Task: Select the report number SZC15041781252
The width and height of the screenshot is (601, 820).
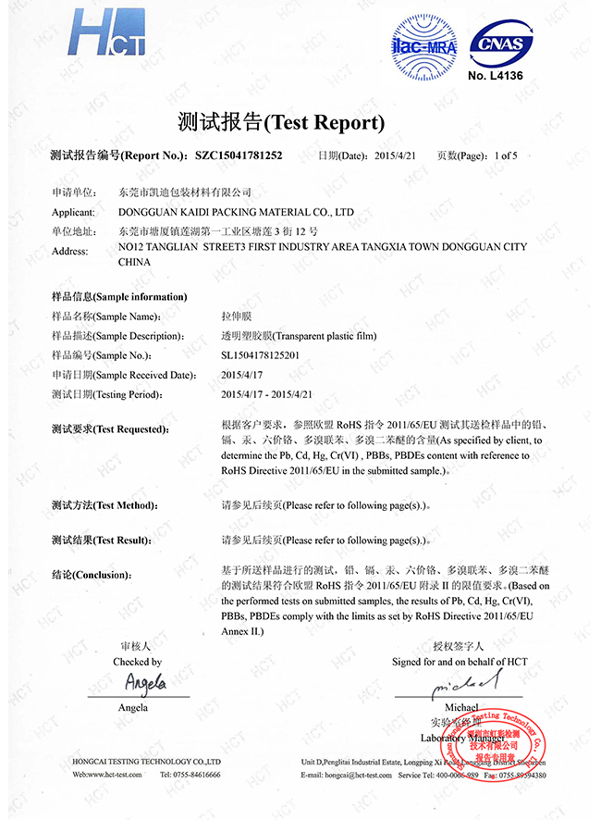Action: point(239,155)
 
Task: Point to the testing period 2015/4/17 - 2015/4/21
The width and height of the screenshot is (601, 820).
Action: point(267,394)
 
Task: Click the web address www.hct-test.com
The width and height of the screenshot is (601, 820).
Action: point(113,774)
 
